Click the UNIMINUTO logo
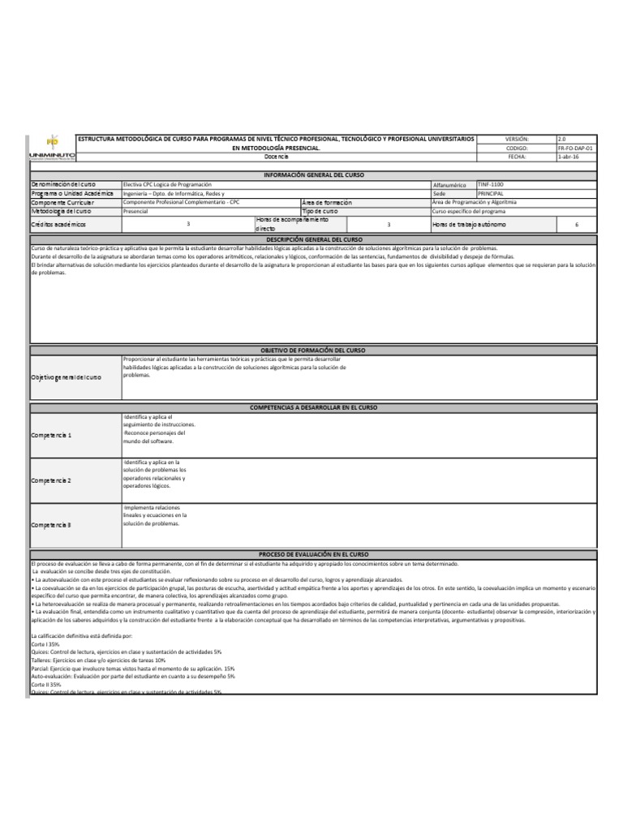pyautogui.click(x=52, y=148)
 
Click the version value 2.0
pyautogui.click(x=564, y=140)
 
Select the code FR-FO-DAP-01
pyautogui.click(x=576, y=149)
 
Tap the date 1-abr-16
pyautogui.click(x=569, y=157)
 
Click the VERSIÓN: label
pyautogui.click(x=517, y=140)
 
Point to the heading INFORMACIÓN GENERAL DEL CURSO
pyautogui.click(x=314, y=175)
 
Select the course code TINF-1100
pyautogui.click(x=491, y=185)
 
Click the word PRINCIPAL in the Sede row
pyautogui.click(x=491, y=194)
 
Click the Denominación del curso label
pyautogui.click(x=63, y=185)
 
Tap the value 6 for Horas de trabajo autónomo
pyautogui.click(x=576, y=224)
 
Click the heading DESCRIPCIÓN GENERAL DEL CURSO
pyautogui.click(x=313, y=241)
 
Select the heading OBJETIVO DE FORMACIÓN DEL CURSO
pyautogui.click(x=313, y=350)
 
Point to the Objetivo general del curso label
pyautogui.click(x=67, y=378)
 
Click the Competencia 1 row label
pyautogui.click(x=52, y=436)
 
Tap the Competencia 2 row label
pyautogui.click(x=52, y=481)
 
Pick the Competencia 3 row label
pyautogui.click(x=52, y=525)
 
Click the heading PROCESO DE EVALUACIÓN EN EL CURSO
pyautogui.click(x=313, y=553)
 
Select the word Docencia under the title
pyautogui.click(x=276, y=157)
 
